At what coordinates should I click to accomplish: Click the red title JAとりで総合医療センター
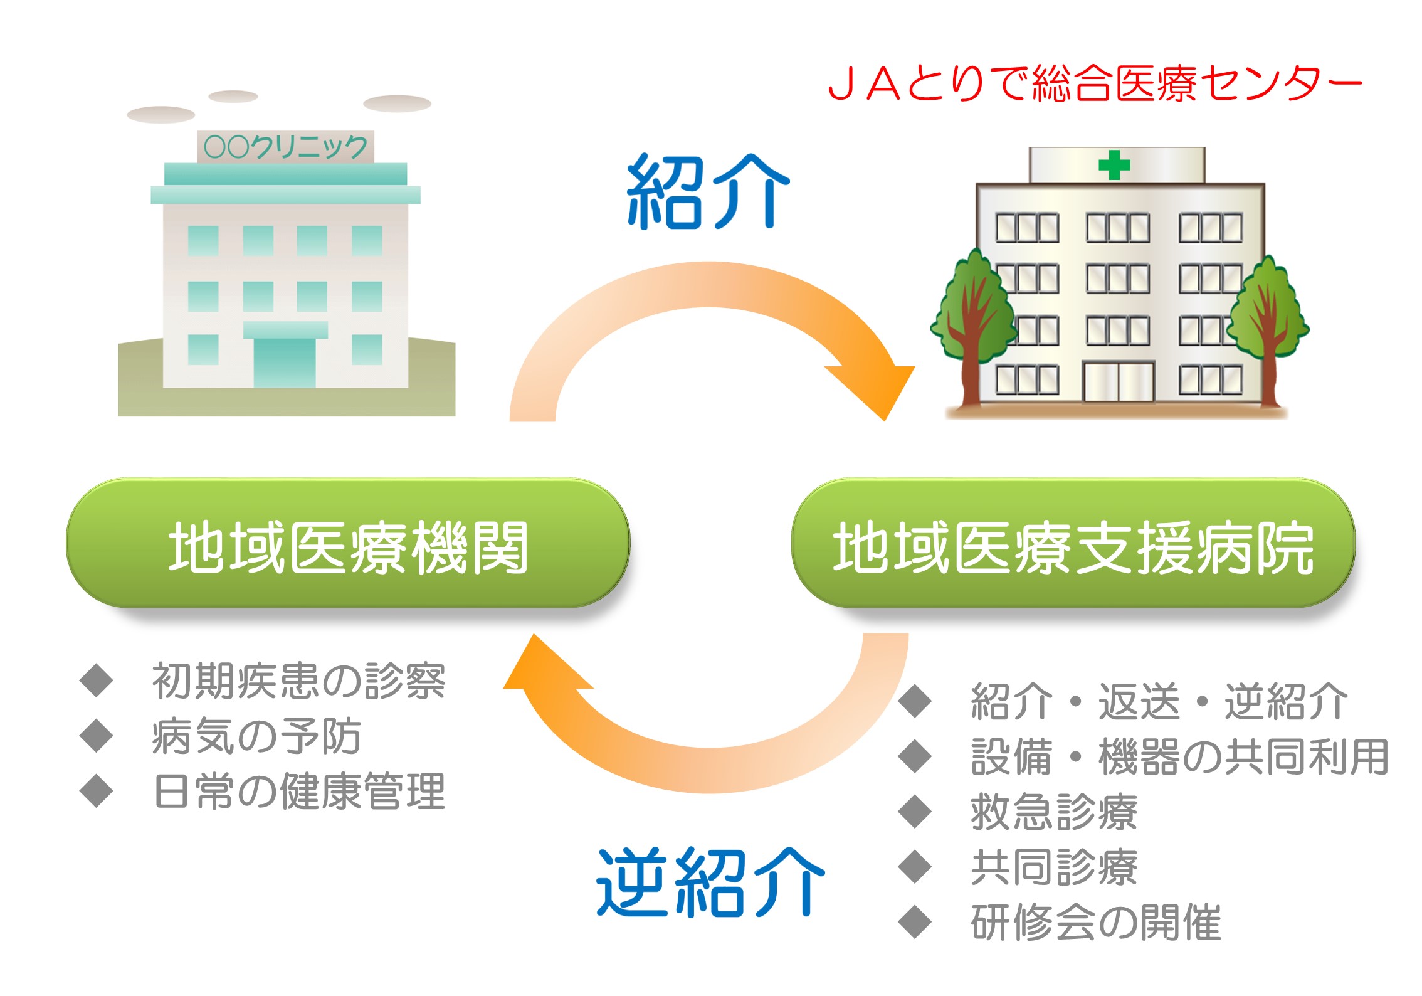pyautogui.click(x=1095, y=83)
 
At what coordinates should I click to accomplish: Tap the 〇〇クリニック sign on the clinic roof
pyautogui.click(x=286, y=147)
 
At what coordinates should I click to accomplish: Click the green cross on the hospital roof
pyautogui.click(x=1114, y=165)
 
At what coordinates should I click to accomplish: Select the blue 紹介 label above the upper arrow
pyautogui.click(x=708, y=191)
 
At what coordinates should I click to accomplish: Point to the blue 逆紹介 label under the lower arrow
pyautogui.click(x=710, y=882)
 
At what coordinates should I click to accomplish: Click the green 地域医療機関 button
pyautogui.click(x=348, y=543)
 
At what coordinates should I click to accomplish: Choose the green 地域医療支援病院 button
pyautogui.click(x=1073, y=543)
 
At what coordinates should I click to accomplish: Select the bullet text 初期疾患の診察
pyautogui.click(x=299, y=681)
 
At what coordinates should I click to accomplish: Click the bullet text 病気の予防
pyautogui.click(x=256, y=736)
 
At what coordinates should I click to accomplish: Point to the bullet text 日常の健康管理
pyautogui.click(x=299, y=791)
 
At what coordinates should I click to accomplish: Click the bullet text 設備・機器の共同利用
pyautogui.click(x=1180, y=756)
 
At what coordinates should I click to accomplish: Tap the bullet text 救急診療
pyautogui.click(x=1054, y=812)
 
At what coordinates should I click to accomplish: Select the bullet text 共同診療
pyautogui.click(x=1054, y=867)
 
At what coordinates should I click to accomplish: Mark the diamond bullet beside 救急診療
pyautogui.click(x=915, y=812)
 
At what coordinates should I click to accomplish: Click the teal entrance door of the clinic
pyautogui.click(x=285, y=363)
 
